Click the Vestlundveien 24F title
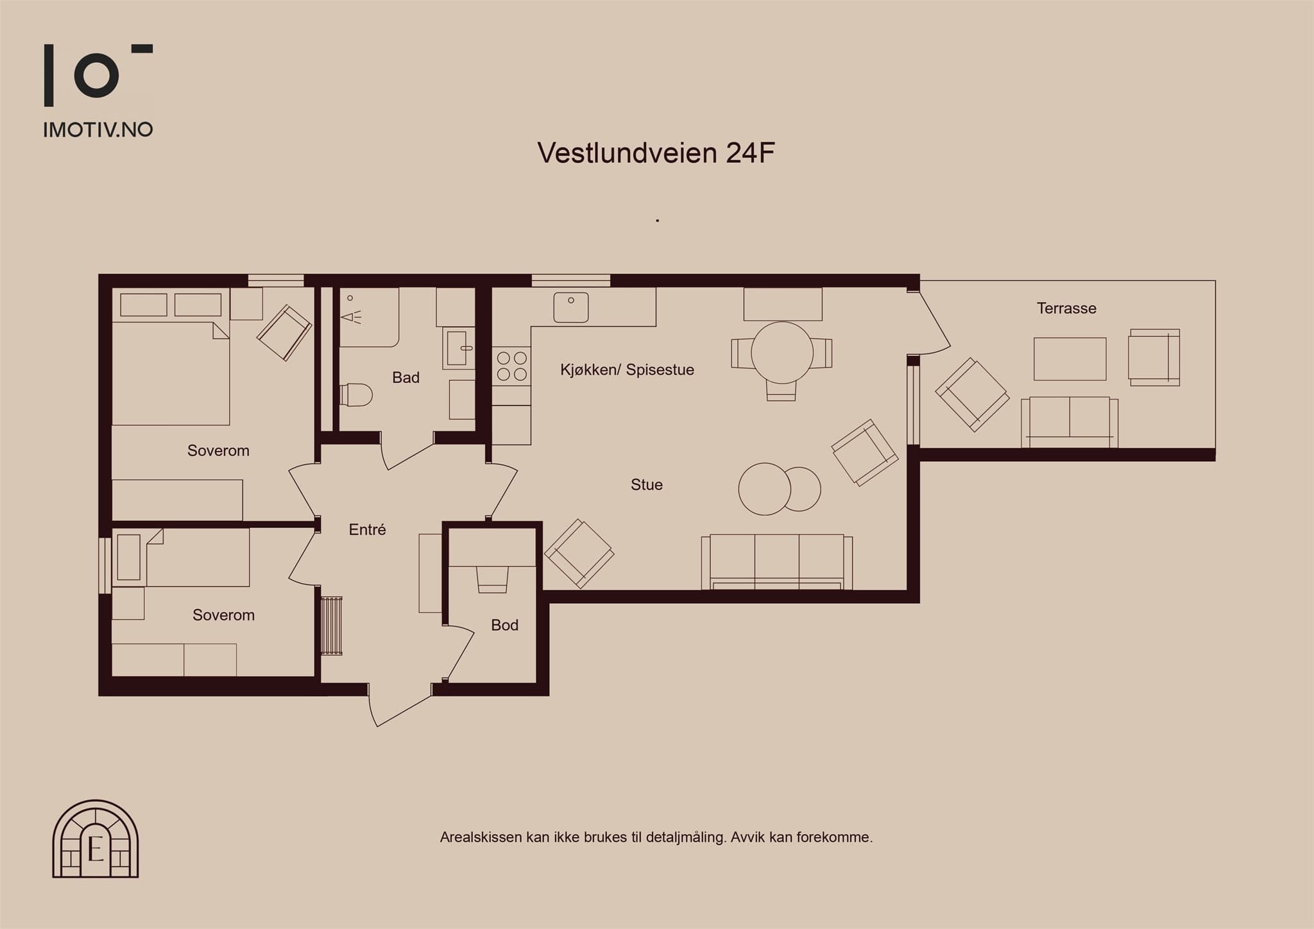656,153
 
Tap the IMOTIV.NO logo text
98,130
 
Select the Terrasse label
1066,309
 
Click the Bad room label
405,377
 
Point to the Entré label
367,529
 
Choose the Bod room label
504,625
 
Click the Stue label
646,484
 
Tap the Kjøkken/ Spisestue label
627,370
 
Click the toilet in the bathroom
356,395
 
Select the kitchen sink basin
571,308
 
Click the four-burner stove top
511,366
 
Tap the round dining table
782,353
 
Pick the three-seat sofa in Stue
777,562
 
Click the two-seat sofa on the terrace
1070,422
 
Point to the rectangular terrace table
1070,359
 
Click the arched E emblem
96,839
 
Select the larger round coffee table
764,489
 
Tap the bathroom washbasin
458,348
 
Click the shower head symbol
351,316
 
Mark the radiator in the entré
331,626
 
